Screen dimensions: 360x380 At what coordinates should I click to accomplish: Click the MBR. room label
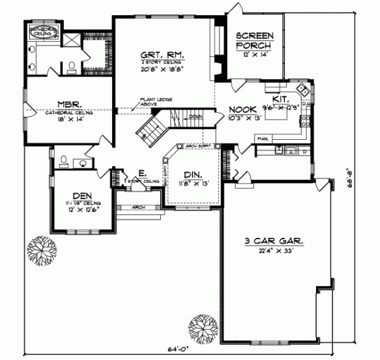pos(68,105)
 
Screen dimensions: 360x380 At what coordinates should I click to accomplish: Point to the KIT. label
pos(281,99)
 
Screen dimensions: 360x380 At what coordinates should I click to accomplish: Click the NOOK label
pos(242,109)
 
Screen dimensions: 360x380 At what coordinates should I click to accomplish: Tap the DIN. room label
pos(193,175)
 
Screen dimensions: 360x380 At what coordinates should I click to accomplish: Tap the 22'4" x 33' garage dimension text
pos(274,251)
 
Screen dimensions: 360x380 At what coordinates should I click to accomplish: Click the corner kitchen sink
pos(305,90)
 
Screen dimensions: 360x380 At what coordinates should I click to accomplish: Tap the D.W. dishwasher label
pos(306,104)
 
